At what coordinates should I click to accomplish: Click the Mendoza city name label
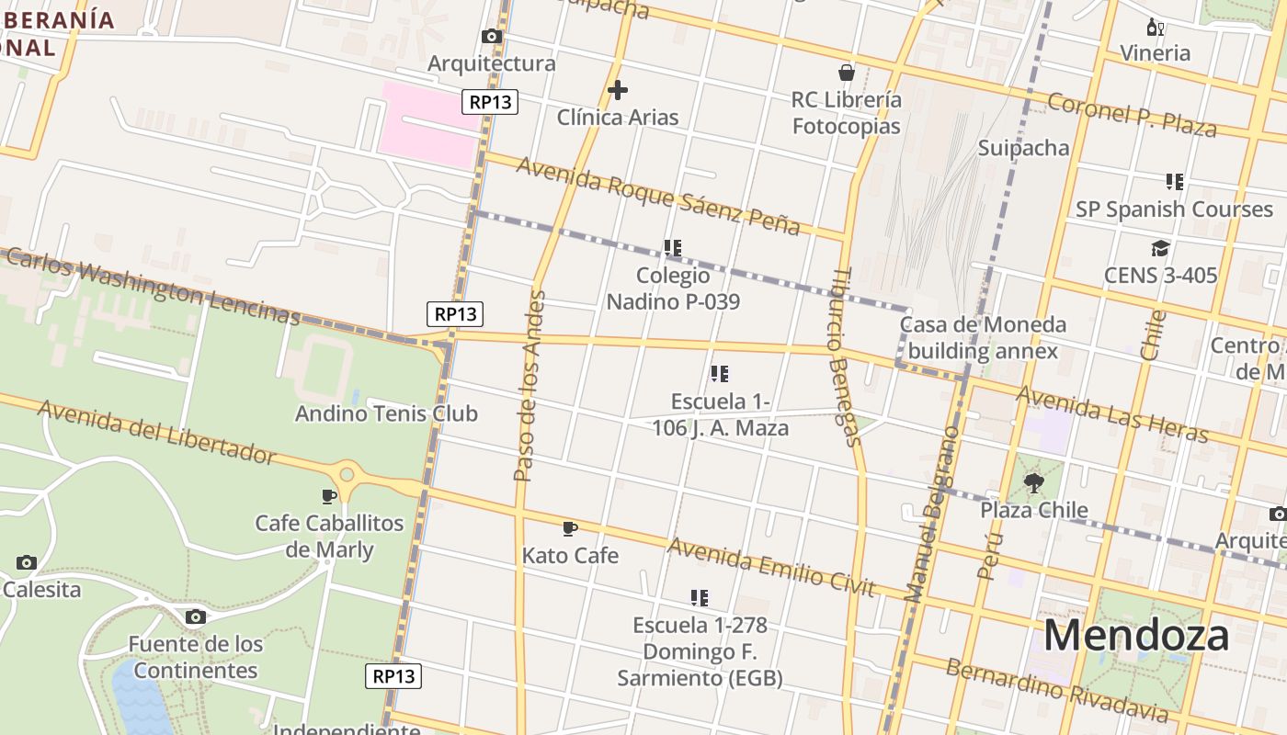[1135, 635]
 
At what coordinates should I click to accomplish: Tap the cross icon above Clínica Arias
[618, 90]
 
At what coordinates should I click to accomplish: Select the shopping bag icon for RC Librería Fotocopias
[846, 73]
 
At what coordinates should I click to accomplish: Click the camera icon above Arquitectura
[492, 37]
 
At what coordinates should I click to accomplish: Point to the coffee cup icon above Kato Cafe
[570, 528]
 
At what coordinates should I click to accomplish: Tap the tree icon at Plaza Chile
[1033, 482]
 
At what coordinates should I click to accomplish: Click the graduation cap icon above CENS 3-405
[1160, 249]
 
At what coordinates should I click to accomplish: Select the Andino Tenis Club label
[386, 413]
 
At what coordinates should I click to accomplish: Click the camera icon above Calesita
[27, 562]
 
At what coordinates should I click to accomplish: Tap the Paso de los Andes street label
[530, 386]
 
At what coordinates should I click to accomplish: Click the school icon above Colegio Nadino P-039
[673, 248]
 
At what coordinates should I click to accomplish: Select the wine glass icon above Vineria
[1156, 28]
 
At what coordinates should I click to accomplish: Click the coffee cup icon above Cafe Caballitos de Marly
[329, 496]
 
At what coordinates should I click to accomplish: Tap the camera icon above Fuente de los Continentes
[195, 617]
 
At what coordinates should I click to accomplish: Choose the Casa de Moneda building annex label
[983, 337]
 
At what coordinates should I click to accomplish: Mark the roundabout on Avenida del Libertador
[347, 474]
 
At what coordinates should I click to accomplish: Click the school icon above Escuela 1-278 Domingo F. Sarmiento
[700, 598]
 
